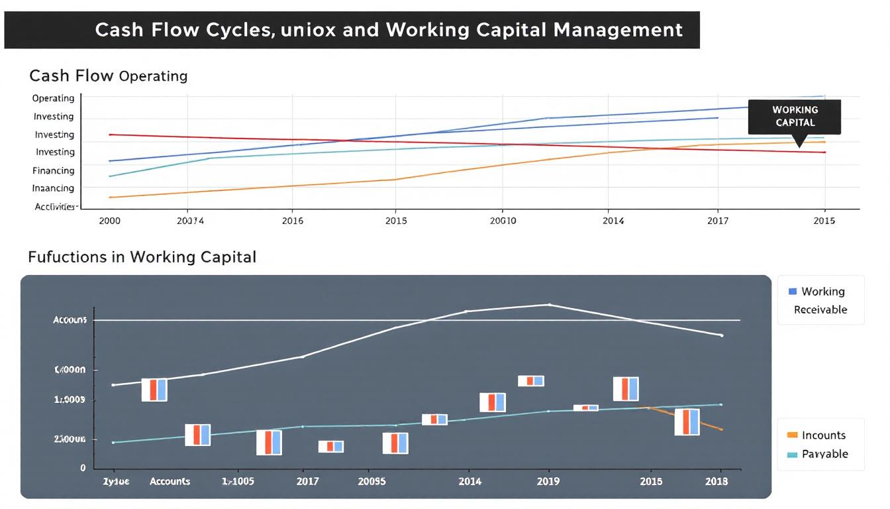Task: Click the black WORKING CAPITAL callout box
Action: (x=794, y=117)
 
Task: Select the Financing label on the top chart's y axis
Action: (x=54, y=170)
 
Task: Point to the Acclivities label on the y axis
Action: (x=54, y=207)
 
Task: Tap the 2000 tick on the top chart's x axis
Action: (x=109, y=221)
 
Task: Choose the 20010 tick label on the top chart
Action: (x=503, y=221)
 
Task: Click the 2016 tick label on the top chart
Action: (x=292, y=221)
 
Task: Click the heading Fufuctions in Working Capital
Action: (x=142, y=256)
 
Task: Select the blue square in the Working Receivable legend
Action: (x=793, y=292)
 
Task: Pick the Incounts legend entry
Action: (x=823, y=435)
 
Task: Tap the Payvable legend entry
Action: (x=824, y=454)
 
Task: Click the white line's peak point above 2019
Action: (x=549, y=305)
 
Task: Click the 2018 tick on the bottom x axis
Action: (x=716, y=481)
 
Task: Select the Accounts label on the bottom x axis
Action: (x=170, y=481)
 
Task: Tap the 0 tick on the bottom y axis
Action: (x=83, y=468)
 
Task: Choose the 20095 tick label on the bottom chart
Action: (x=371, y=481)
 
